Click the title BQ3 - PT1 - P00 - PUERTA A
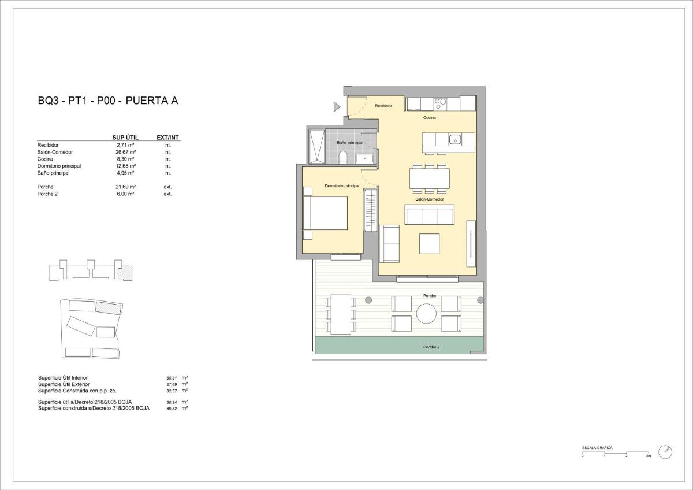click(107, 101)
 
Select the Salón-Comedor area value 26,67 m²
click(125, 152)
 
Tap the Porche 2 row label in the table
click(47, 194)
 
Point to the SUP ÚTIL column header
click(125, 138)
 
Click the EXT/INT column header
click(168, 138)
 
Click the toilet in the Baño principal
click(342, 157)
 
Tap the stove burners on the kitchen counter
click(441, 104)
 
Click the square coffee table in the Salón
click(429, 243)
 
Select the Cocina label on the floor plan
click(429, 117)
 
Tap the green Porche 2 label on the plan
click(431, 347)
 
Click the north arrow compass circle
click(665, 451)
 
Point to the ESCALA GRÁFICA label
click(597, 448)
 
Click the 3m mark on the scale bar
click(649, 456)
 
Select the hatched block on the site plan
click(109, 307)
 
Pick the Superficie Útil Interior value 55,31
click(172, 378)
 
